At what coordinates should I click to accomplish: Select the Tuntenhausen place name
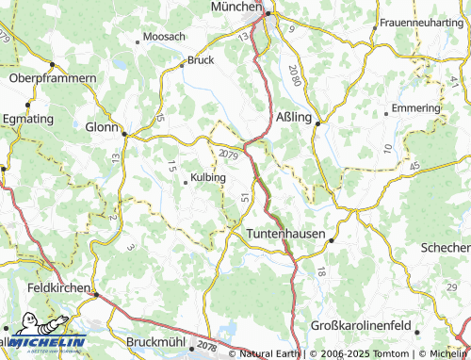[x=285, y=233]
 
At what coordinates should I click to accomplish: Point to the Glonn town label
[x=102, y=126]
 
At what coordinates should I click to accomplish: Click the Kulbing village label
[x=208, y=176]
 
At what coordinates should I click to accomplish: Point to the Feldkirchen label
[x=58, y=286]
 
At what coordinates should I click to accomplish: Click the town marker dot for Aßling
[x=318, y=123]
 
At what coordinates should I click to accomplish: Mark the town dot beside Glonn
[x=123, y=134]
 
